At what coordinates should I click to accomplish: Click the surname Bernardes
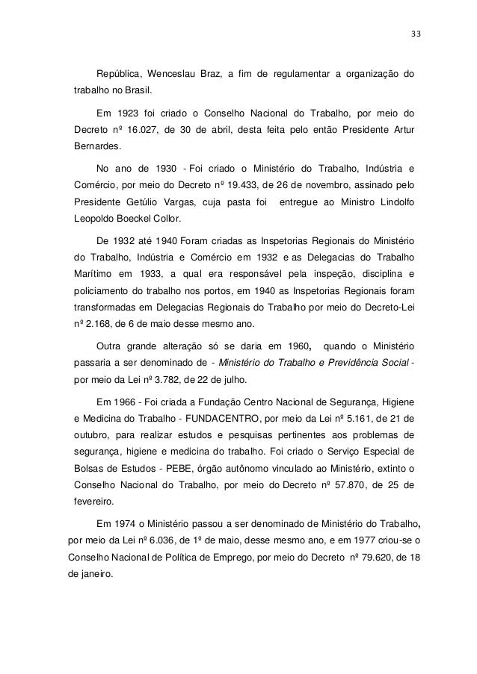pos(97,147)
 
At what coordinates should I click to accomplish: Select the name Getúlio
pos(151,202)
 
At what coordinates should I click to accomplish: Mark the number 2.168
pos(103,323)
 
